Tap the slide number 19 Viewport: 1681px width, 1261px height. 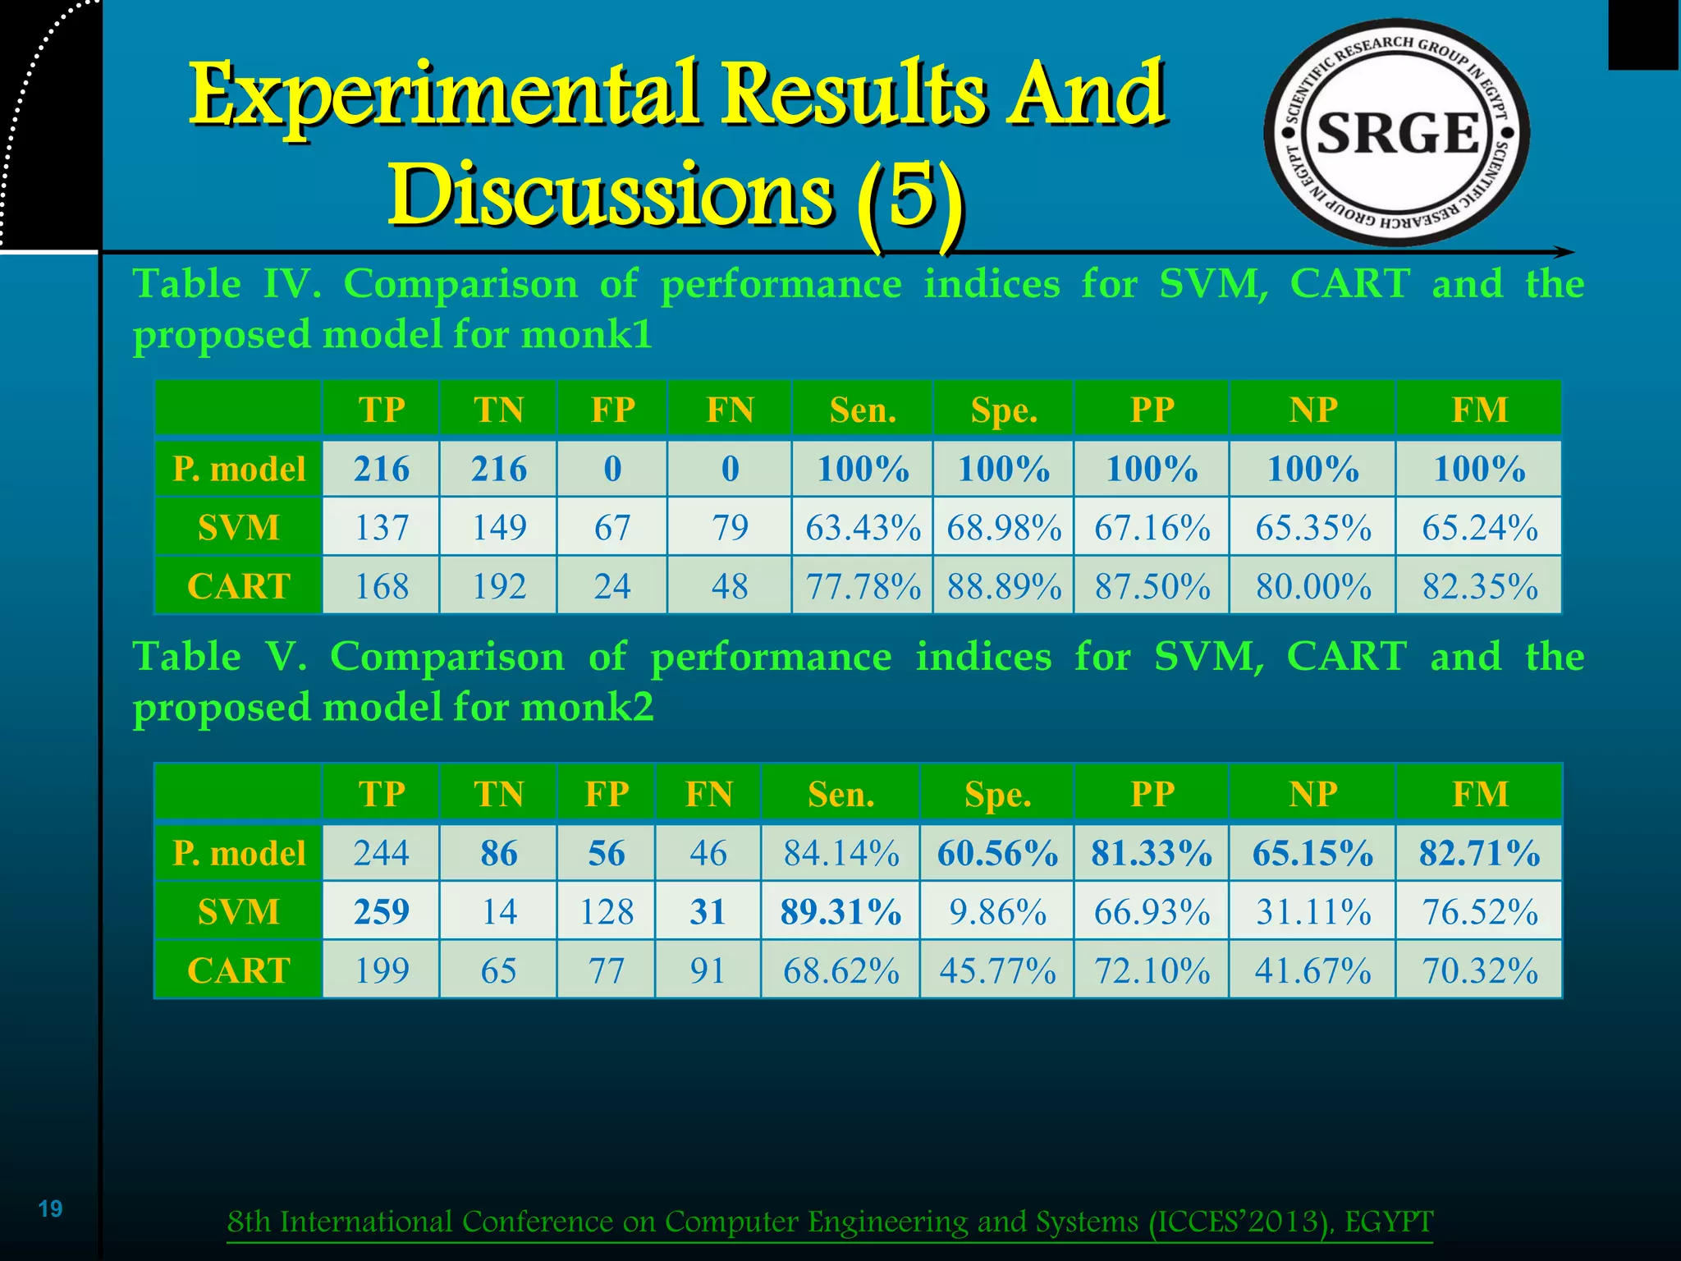tap(51, 1208)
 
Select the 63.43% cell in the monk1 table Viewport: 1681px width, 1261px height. tap(863, 527)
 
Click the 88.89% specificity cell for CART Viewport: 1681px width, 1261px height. tap(1004, 586)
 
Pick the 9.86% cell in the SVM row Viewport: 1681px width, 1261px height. tap(997, 911)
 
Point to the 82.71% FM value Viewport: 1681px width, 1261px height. tap(1479, 853)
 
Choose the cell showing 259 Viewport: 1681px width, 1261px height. tap(382, 911)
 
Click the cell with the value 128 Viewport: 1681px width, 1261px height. tap(607, 911)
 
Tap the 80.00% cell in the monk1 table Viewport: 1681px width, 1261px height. tap(1312, 586)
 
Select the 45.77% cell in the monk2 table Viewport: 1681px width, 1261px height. tap(997, 970)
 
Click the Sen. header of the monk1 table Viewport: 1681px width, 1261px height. tap(863, 410)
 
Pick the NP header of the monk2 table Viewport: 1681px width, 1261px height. tap(1312, 794)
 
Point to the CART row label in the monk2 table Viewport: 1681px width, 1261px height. tap(239, 970)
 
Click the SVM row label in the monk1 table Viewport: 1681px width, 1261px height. tap(239, 527)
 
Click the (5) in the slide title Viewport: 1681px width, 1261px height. tap(909, 197)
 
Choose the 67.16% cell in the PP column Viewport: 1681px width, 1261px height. tap(1152, 527)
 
